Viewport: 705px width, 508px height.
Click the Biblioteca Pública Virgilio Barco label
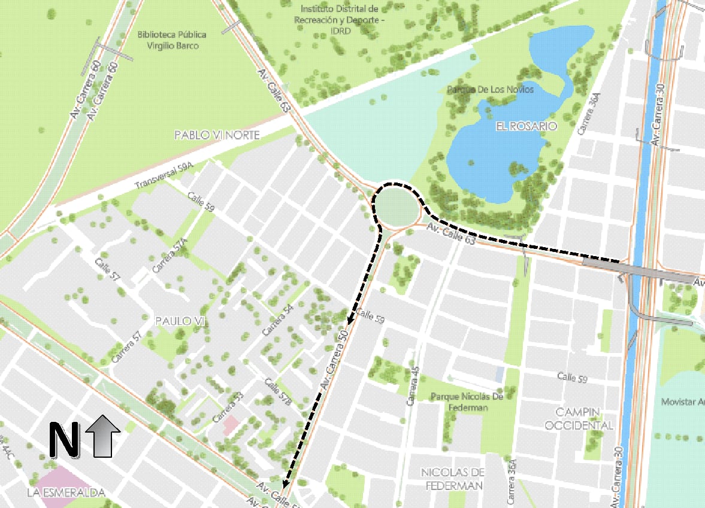(167, 40)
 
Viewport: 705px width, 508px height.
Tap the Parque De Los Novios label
(491, 89)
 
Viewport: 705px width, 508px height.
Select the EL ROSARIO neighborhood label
(526, 126)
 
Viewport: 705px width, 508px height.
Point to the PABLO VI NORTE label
(217, 135)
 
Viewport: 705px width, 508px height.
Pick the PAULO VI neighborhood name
(180, 321)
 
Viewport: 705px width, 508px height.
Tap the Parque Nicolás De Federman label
(467, 401)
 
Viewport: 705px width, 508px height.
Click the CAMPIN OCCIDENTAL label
(585, 418)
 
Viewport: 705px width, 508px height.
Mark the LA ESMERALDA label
(66, 493)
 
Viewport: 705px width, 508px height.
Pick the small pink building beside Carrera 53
(231, 425)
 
